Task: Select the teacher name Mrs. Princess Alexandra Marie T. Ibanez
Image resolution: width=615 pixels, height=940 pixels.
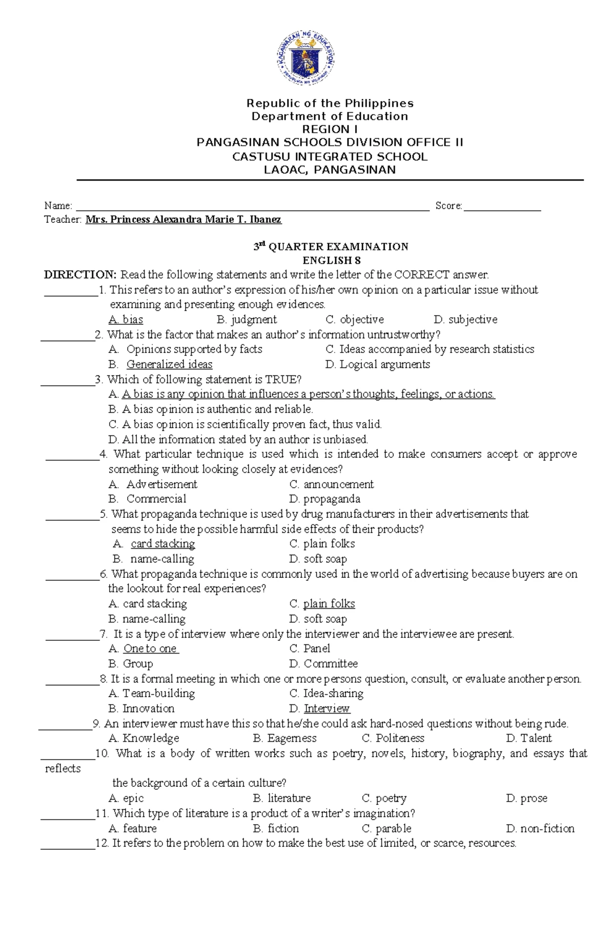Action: click(x=183, y=220)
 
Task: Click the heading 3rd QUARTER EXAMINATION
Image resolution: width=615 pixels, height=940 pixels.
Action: click(x=331, y=247)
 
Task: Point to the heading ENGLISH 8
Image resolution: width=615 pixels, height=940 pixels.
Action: click(x=332, y=260)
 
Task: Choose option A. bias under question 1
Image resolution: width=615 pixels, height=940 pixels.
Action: click(x=126, y=320)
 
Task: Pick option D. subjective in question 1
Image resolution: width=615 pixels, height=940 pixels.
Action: click(x=465, y=320)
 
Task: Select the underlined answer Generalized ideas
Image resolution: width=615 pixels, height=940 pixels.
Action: click(x=169, y=364)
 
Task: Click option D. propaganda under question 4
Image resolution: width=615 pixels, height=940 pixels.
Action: click(x=324, y=499)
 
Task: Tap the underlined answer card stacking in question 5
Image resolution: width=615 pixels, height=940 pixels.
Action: click(x=162, y=544)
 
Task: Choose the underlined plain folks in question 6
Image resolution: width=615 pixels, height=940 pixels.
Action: click(x=329, y=604)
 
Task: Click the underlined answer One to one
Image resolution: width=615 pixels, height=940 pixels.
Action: click(x=151, y=649)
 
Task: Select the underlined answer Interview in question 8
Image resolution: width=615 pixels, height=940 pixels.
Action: click(x=326, y=708)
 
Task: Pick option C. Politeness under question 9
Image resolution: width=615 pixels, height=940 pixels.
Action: click(x=393, y=738)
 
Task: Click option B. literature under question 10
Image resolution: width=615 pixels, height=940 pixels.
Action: click(x=282, y=798)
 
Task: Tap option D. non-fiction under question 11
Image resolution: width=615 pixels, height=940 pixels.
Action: click(x=540, y=828)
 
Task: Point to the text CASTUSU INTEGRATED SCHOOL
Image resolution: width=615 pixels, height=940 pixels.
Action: click(x=330, y=157)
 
